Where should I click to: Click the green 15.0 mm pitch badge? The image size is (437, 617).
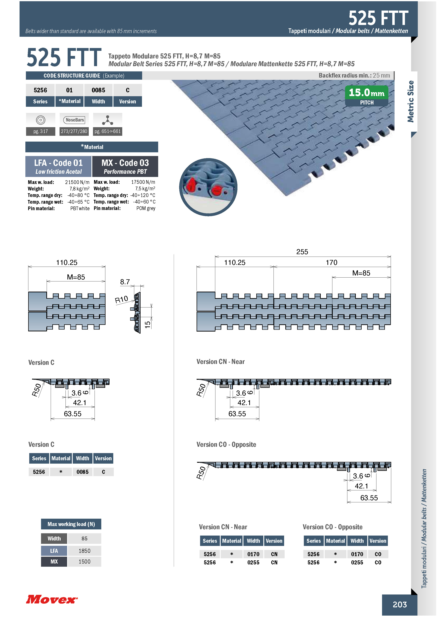pyautogui.click(x=367, y=96)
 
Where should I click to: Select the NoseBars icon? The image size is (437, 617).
pyautogui.click(x=74, y=120)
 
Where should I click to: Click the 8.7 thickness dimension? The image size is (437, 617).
pyautogui.click(x=125, y=282)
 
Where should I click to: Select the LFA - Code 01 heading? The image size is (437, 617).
pyautogui.click(x=58, y=163)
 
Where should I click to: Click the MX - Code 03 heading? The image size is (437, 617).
pyautogui.click(x=125, y=163)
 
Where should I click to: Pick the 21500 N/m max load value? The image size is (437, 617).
pyautogui.click(x=77, y=182)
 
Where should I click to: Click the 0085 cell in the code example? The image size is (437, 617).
pyautogui.click(x=98, y=90)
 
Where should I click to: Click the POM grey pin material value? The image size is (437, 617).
pyautogui.click(x=146, y=208)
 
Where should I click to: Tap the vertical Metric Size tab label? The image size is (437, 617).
pyautogui.click(x=411, y=102)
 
